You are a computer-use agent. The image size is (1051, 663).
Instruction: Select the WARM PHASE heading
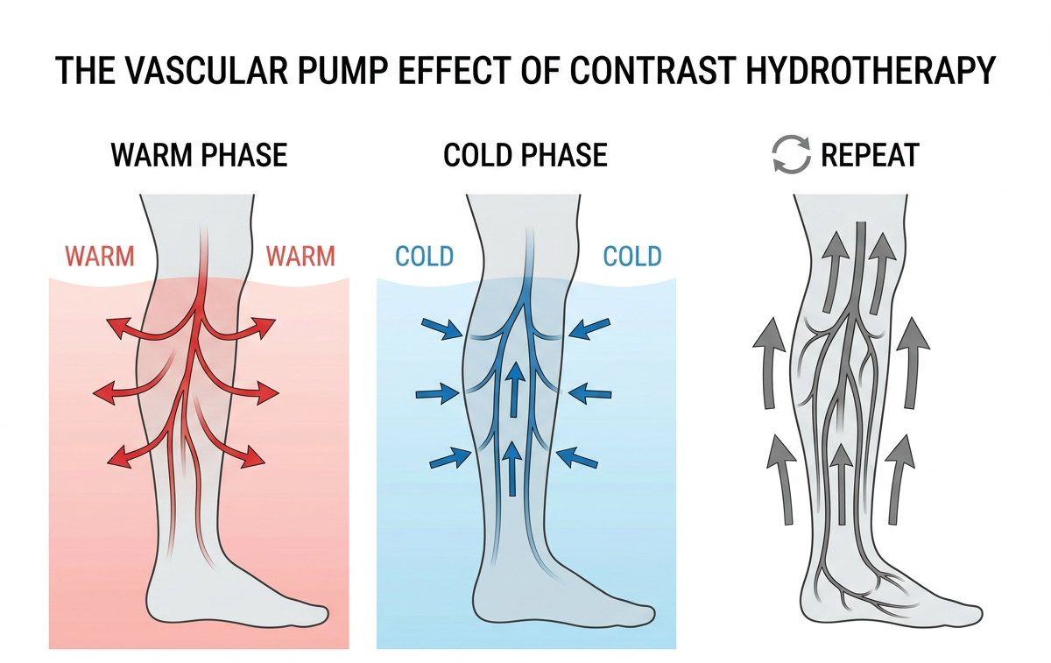click(x=199, y=156)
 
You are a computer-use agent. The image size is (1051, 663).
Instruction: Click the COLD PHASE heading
click(x=525, y=156)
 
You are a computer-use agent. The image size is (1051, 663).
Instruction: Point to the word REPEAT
click(x=870, y=156)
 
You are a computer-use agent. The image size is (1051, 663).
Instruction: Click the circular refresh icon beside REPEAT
click(x=791, y=156)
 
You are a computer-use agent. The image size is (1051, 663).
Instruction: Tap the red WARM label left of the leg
click(x=100, y=257)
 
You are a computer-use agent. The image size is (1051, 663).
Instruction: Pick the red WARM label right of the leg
click(x=300, y=257)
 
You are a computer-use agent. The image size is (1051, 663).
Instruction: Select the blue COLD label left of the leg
click(x=425, y=257)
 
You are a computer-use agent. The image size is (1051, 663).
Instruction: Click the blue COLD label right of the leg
click(x=632, y=257)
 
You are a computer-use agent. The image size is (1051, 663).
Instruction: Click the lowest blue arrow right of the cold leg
click(x=579, y=457)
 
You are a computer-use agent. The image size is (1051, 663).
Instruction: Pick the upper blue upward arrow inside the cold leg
click(x=516, y=385)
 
